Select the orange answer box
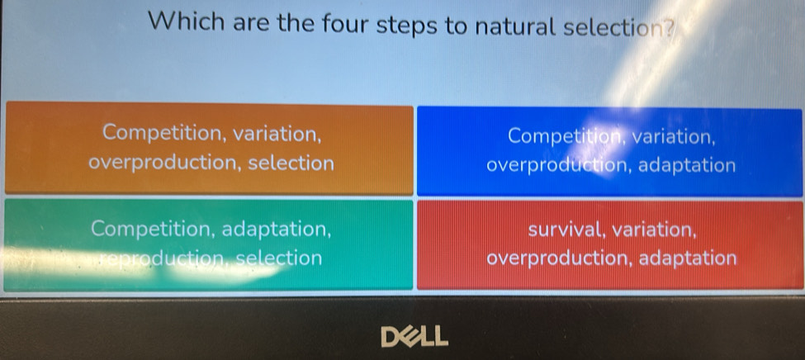209,149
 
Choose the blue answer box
609,151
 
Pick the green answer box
208,245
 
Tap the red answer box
610,245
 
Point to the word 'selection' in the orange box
291,163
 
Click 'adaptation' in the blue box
687,165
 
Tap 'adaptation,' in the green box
277,229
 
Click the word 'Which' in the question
187,22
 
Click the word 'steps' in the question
407,26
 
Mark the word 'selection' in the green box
280,258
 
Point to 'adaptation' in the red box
688,258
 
